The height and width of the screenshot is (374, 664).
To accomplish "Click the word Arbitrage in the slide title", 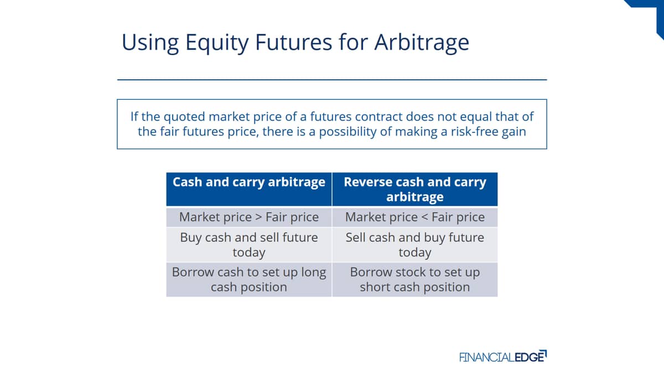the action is click(422, 43).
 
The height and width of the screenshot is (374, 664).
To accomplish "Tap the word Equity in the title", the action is click(217, 43).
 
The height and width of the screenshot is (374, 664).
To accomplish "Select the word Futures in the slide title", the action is click(293, 42).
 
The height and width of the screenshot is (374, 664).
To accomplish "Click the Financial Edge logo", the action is click(503, 356).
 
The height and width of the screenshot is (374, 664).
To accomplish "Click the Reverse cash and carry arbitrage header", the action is click(415, 189).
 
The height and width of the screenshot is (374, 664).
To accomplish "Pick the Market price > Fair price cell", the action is click(249, 217).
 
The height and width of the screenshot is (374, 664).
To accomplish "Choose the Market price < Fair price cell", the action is click(415, 217).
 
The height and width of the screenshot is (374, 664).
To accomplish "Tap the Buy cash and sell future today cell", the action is click(249, 245).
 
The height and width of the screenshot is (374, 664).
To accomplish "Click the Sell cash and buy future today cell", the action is click(415, 245).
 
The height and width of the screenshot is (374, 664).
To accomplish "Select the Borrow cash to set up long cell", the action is click(249, 280).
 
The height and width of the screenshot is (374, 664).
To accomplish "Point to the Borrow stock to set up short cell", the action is click(415, 280).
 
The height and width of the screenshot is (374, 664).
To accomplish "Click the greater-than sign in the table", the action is click(258, 218).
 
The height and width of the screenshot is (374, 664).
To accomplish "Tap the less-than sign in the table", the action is click(424, 218).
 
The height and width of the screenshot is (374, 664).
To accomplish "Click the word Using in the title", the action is click(151, 43).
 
